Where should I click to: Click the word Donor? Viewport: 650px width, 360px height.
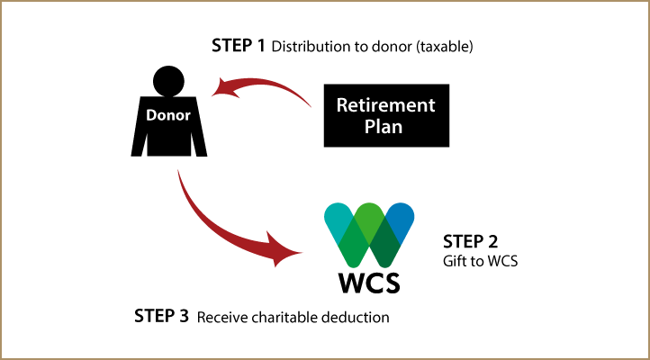[x=168, y=115]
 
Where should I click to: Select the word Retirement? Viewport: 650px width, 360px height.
[x=385, y=105]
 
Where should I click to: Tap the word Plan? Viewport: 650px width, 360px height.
[x=384, y=127]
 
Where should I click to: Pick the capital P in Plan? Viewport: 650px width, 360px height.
[x=370, y=127]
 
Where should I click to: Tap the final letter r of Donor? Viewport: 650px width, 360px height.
[x=187, y=116]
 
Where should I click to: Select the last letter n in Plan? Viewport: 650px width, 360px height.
[x=397, y=128]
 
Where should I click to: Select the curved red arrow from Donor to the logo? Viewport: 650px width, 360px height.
[x=225, y=230]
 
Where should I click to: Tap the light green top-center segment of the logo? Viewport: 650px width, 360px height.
[x=369, y=216]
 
